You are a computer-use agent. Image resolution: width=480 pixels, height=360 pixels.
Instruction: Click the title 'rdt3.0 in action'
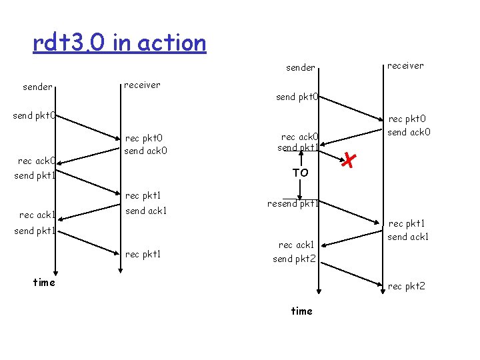coord(119,43)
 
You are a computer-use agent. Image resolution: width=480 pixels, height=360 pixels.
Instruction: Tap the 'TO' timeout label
coord(301,173)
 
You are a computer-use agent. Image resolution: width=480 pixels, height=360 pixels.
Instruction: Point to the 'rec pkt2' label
coord(406,287)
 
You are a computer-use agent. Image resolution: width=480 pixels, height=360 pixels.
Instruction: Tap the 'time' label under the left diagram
coord(44,282)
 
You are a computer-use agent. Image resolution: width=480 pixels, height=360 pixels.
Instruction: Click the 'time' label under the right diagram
coord(301,311)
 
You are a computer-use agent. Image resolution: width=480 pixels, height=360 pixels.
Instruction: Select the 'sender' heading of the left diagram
coord(38,87)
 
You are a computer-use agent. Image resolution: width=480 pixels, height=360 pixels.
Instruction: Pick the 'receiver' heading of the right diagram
coord(405,65)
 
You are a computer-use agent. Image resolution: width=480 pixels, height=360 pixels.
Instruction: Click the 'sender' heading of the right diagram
coord(301,67)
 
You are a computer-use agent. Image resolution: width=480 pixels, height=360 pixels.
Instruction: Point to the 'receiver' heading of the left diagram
coord(142,85)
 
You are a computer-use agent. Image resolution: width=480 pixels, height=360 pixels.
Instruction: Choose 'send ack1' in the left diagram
coord(146,211)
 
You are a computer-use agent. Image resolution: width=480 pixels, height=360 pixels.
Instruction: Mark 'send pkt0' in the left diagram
coord(35,116)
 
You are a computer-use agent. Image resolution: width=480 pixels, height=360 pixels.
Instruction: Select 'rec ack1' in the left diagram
coord(37,215)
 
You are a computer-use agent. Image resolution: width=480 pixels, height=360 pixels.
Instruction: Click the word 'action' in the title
coord(179,43)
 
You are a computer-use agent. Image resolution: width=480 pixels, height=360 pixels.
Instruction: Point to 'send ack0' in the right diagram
coord(409,132)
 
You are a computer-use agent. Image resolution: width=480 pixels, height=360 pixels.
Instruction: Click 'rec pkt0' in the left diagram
coord(143,138)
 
